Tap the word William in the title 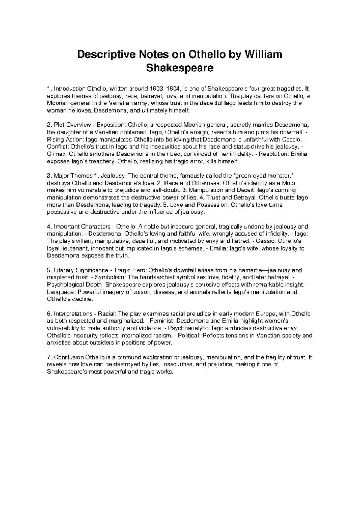(x=264, y=55)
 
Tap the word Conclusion (x=69, y=357)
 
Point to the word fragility (x=272, y=357)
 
